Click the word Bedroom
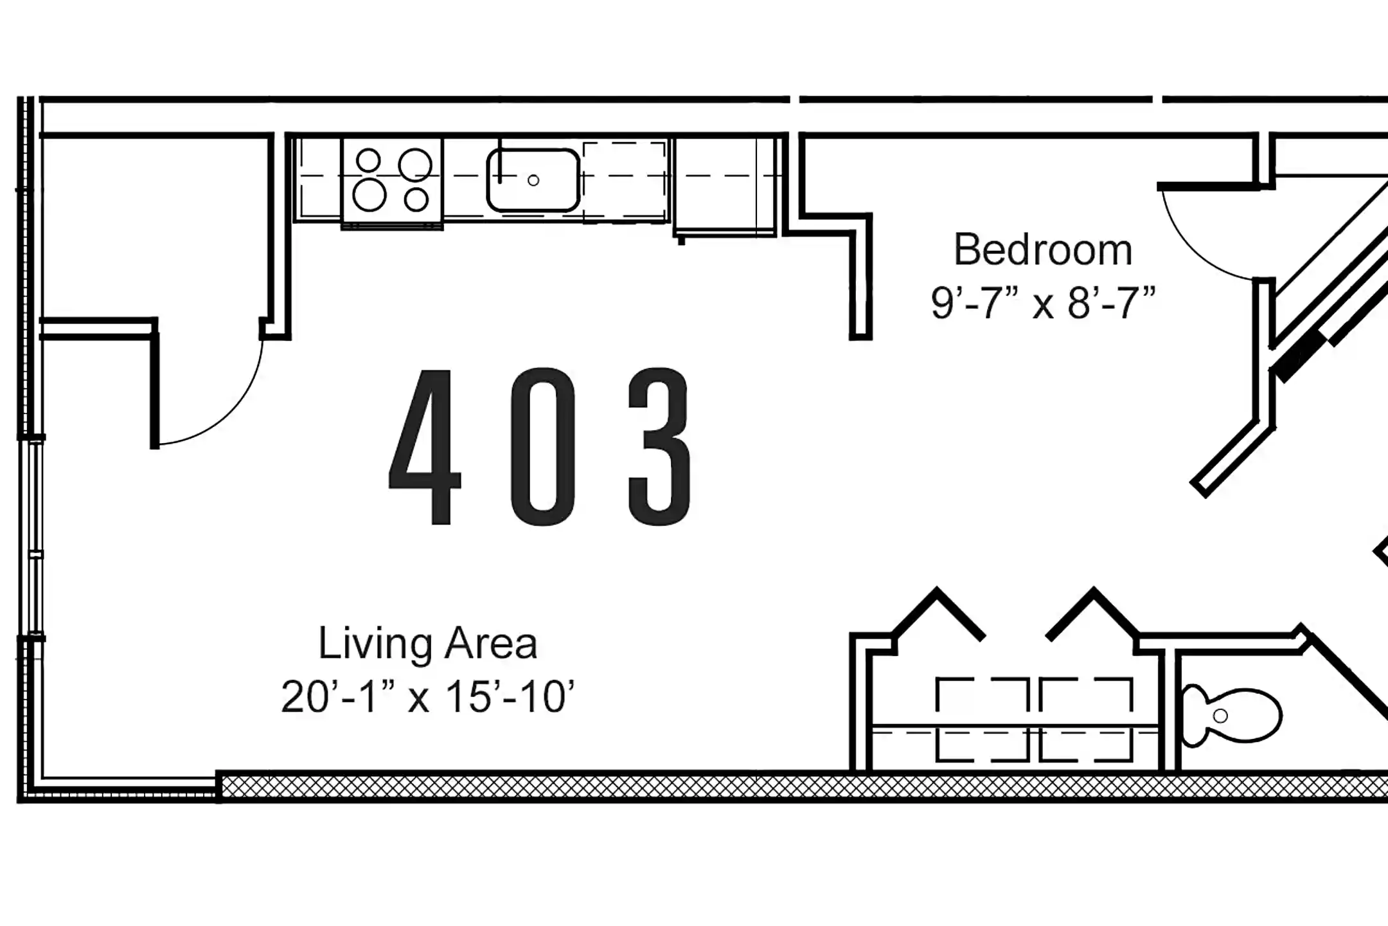1042,250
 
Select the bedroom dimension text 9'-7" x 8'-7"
1042,303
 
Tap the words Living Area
427,644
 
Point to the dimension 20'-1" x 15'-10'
427,696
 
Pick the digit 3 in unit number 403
660,446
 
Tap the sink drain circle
533,181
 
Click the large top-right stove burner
414,165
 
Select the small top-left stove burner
368,160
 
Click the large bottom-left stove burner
369,195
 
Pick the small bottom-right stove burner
416,199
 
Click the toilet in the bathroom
1231,716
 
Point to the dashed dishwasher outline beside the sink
624,182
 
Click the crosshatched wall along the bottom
771,786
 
